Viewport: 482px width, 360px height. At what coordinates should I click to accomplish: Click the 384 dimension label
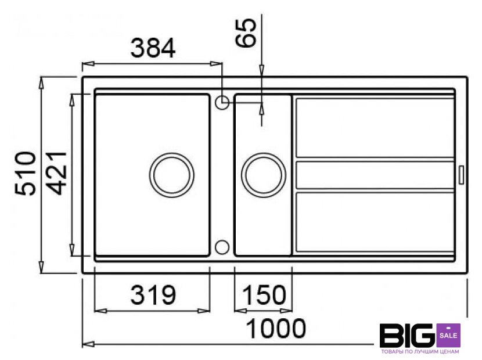pyautogui.click(x=153, y=48)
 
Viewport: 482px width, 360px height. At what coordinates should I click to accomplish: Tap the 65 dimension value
pyautogui.click(x=246, y=33)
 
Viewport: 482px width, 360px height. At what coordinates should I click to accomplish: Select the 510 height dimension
pyautogui.click(x=25, y=173)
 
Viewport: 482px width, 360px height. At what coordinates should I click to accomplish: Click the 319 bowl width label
pyautogui.click(x=153, y=295)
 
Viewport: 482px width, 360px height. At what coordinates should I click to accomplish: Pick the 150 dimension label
pyautogui.click(x=264, y=295)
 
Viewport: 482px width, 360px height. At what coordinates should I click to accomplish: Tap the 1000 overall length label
pyautogui.click(x=276, y=329)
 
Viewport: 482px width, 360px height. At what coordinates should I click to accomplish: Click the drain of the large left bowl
pyautogui.click(x=171, y=174)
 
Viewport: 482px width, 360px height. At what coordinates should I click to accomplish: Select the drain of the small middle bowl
pyautogui.click(x=264, y=175)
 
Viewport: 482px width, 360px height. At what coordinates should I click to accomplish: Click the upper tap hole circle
pyautogui.click(x=222, y=102)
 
